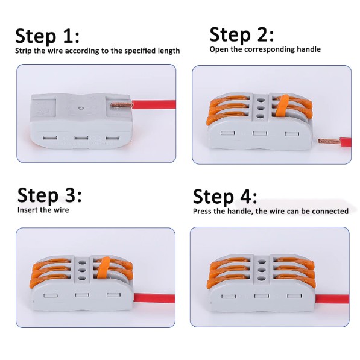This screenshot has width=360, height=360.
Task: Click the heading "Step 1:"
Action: click(47, 36)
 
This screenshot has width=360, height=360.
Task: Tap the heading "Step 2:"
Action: click(242, 34)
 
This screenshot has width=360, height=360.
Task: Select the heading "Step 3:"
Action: click(49, 195)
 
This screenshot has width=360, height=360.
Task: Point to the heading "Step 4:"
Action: click(225, 197)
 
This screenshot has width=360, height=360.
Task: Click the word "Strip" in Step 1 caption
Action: click(24, 51)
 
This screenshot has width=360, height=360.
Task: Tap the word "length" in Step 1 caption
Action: click(169, 51)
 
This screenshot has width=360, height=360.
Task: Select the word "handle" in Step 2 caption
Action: click(309, 49)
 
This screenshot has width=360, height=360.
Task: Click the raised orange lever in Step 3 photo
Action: click(104, 268)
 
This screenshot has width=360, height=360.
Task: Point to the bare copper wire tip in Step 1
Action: click(121, 105)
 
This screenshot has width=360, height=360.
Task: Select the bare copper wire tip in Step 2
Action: click(329, 141)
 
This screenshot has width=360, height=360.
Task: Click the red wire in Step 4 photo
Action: click(332, 299)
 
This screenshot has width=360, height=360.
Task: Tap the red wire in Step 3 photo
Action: click(154, 298)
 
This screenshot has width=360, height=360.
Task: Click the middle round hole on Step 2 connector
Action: click(260, 108)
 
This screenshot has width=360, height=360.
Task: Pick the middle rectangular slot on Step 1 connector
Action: click(81, 138)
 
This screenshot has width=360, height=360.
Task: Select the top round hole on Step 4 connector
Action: click(262, 262)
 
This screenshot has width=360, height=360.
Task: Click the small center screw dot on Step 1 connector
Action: click(80, 107)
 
